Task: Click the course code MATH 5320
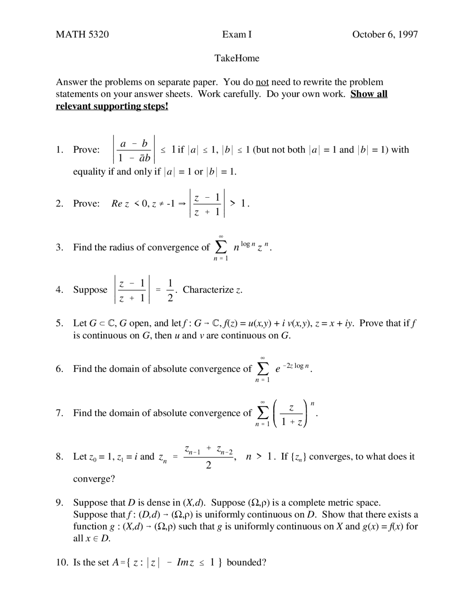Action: pos(82,34)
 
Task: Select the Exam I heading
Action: pos(237,34)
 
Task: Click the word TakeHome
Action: pos(237,58)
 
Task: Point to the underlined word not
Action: pos(262,82)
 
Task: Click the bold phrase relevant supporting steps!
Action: pos(112,106)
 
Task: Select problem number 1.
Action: pos(59,150)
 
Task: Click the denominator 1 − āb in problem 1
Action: pos(134,158)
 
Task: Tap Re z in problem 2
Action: pos(120,204)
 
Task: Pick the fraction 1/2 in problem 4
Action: pos(170,290)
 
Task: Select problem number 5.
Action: pos(59,323)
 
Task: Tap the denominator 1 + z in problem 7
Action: pos(291,422)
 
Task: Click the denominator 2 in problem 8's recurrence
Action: pos(208,465)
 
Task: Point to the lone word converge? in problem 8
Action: pos(94,479)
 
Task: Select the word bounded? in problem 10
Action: pos(246,562)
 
